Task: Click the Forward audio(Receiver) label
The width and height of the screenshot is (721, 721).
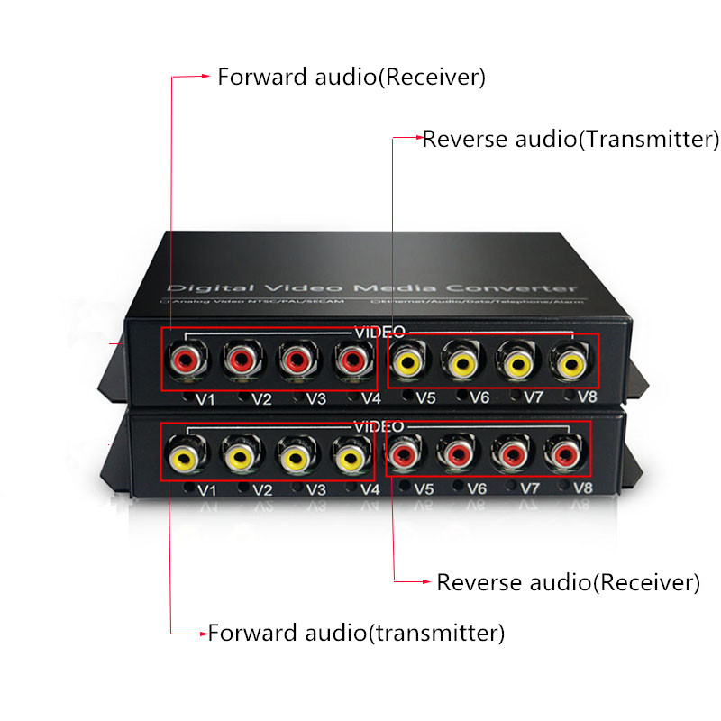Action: pos(351,77)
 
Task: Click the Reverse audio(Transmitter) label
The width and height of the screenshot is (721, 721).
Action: pos(570,139)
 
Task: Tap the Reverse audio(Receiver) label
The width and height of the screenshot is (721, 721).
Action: pos(568,582)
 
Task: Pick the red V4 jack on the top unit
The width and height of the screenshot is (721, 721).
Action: pos(350,362)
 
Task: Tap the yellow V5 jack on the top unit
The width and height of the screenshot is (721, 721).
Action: pos(407,362)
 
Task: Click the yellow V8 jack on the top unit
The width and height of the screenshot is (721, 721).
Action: pos(570,362)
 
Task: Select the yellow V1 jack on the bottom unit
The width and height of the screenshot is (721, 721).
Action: pos(185,457)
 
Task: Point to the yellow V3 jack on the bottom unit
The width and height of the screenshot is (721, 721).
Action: pos(295,457)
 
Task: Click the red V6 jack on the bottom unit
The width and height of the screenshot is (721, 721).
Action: pos(458,453)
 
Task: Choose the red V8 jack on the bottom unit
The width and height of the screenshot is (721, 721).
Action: pos(565,453)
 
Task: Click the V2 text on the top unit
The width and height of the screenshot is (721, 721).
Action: pos(262,398)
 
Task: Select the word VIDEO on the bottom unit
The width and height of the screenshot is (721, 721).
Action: pos(379,425)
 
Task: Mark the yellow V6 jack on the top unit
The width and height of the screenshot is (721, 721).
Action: pos(461,362)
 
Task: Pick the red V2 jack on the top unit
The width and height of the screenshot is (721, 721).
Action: pos(241,362)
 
